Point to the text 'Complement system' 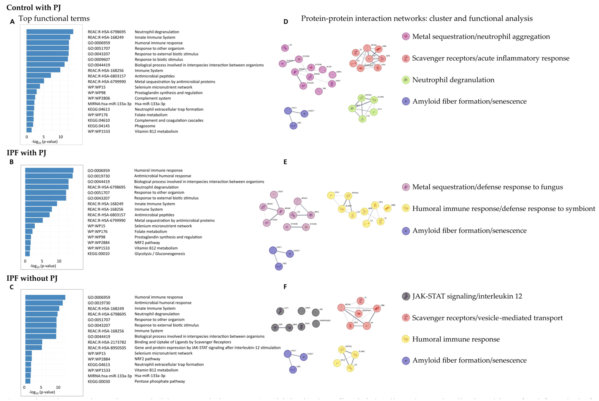click(x=153, y=98)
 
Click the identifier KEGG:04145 click(x=99, y=126)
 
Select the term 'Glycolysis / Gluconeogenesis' click(x=160, y=254)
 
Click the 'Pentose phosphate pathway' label click(x=160, y=381)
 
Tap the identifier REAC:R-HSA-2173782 click(x=107, y=342)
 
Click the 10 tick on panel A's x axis click(x=61, y=137)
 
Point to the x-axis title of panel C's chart click(x=42, y=392)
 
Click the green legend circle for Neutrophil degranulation click(x=406, y=80)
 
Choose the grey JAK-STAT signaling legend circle click(x=406, y=296)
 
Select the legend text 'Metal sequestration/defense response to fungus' click(x=487, y=187)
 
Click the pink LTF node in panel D click(x=285, y=48)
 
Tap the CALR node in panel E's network click(x=274, y=195)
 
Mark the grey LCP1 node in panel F click(x=280, y=311)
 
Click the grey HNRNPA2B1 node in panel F click(x=316, y=324)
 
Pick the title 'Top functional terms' click(x=54, y=18)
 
